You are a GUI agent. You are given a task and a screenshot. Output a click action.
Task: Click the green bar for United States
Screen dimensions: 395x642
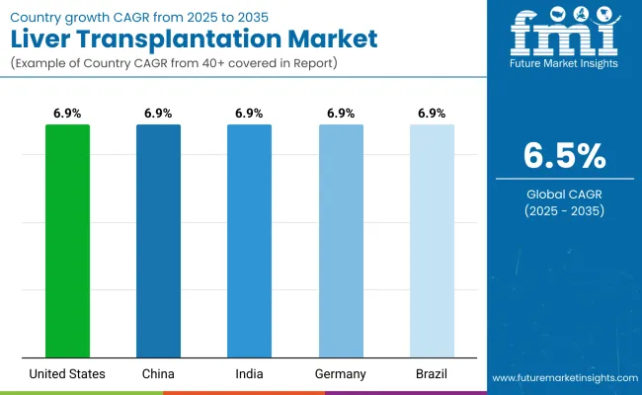click(67, 241)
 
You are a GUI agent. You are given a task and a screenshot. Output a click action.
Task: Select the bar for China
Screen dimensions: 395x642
click(158, 241)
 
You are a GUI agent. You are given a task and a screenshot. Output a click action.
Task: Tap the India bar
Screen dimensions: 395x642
click(249, 241)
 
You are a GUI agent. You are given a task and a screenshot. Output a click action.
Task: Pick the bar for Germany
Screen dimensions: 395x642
click(341, 241)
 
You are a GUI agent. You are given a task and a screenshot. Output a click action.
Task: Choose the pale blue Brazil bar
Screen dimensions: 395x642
click(432, 241)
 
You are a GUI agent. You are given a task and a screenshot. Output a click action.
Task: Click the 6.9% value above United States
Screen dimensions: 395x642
click(67, 114)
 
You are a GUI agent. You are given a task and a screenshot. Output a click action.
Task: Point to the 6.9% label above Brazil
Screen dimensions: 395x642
click(432, 114)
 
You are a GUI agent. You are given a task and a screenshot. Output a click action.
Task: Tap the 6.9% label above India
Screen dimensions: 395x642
click(249, 114)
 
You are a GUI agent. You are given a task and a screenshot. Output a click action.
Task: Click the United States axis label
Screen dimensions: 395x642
click(67, 373)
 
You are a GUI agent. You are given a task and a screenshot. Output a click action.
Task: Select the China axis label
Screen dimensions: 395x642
click(158, 373)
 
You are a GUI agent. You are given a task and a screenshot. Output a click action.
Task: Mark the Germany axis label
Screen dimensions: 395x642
click(341, 373)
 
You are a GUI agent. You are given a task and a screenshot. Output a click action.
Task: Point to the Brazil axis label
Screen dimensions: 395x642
click(432, 373)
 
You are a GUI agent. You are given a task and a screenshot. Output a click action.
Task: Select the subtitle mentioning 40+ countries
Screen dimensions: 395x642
click(176, 64)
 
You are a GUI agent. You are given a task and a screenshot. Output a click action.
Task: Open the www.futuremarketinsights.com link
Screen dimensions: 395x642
click(562, 378)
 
